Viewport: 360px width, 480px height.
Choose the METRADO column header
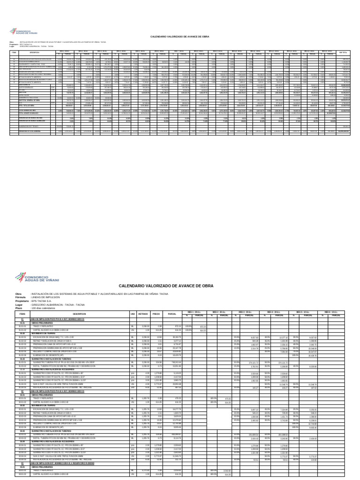tap(143, 314)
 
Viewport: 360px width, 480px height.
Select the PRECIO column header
tap(157, 314)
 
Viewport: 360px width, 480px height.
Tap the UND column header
tap(133, 314)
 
